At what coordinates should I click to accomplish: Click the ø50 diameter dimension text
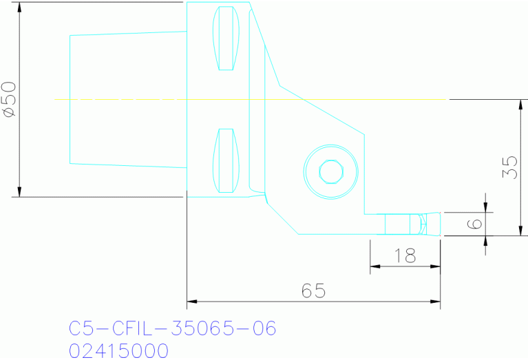(10, 100)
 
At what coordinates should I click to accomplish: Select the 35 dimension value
(510, 167)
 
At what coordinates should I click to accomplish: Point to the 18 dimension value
(405, 257)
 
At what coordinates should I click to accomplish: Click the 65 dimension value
(313, 291)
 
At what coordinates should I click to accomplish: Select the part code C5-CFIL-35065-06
(173, 328)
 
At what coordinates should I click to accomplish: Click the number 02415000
(118, 350)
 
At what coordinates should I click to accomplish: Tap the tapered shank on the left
(127, 100)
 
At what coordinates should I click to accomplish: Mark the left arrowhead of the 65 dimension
(192, 301)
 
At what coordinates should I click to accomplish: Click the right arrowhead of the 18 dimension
(435, 266)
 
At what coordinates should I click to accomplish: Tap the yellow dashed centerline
(251, 100)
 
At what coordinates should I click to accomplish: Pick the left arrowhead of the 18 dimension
(375, 266)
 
